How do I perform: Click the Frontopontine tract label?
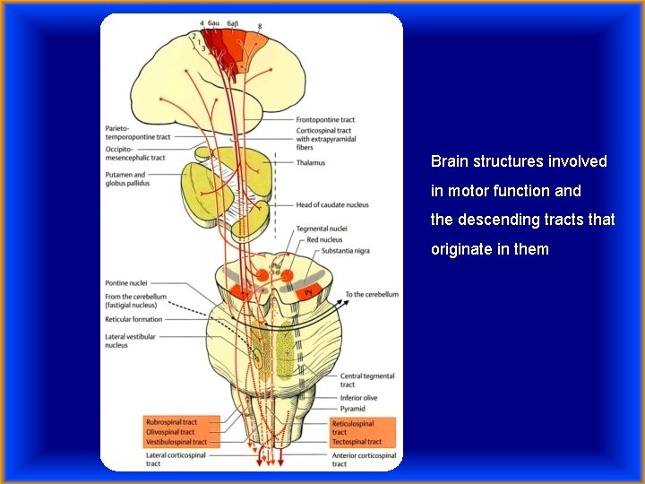[x=325, y=120]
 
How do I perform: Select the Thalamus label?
[x=311, y=163]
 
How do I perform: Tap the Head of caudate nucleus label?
[x=332, y=205]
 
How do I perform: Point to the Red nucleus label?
[x=324, y=240]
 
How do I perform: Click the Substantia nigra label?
[x=344, y=251]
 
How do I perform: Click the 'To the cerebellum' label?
[x=371, y=294]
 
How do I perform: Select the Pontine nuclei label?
[x=125, y=282]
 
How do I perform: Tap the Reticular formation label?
[x=134, y=319]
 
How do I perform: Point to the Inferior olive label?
[x=358, y=398]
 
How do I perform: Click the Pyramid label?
[x=353, y=409]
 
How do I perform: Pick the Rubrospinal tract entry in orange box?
[x=171, y=422]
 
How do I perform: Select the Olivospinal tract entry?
[x=171, y=432]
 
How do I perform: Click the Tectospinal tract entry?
[x=357, y=442]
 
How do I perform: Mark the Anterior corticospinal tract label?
[x=364, y=455]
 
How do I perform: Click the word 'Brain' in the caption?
[x=448, y=162]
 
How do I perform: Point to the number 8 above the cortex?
[x=260, y=27]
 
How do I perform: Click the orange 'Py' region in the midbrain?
[x=308, y=291]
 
